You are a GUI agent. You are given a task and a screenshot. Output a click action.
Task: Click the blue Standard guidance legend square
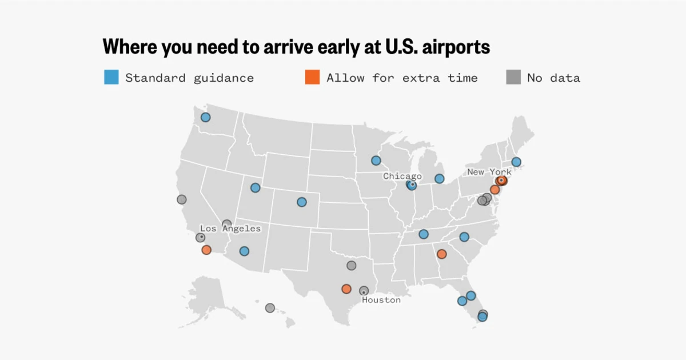tap(111, 77)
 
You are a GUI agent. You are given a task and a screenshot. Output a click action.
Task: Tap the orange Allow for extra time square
tap(312, 77)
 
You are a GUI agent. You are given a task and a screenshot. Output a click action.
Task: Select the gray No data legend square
tap(513, 77)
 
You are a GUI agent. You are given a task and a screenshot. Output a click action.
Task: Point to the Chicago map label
tap(402, 176)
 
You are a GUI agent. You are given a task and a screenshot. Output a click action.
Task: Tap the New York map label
tap(489, 172)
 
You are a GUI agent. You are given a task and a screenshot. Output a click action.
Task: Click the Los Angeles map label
tap(230, 229)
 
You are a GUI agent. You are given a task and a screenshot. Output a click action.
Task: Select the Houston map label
tap(381, 300)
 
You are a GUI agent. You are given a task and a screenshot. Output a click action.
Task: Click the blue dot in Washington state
tap(205, 117)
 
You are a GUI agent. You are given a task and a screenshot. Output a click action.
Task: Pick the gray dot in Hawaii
tap(270, 308)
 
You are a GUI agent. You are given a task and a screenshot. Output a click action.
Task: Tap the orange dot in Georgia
tap(441, 254)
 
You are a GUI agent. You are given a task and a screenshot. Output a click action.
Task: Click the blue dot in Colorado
tap(301, 202)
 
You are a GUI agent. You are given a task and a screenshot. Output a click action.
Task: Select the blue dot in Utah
tap(255, 187)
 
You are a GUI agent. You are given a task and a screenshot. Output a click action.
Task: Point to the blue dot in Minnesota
tap(376, 161)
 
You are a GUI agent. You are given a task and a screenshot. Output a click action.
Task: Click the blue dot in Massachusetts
tap(516, 162)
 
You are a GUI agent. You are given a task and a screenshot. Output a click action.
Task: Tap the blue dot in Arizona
tap(244, 251)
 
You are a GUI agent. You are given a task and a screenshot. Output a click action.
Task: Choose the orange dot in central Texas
tap(346, 289)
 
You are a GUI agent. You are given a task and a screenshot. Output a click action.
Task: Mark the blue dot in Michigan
tap(439, 179)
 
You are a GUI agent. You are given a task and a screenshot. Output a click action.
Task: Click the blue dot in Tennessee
tap(423, 234)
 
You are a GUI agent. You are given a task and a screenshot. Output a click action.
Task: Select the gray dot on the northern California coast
tap(181, 199)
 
